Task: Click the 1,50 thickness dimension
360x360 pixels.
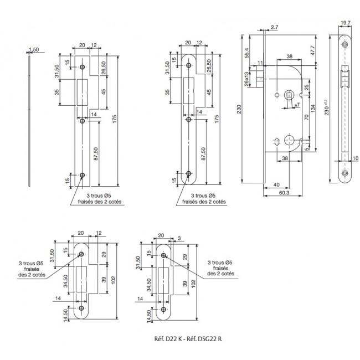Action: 34,49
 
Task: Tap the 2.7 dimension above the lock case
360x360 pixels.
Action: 274,27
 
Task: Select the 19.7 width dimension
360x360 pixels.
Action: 345,23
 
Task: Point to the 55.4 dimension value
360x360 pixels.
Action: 247,53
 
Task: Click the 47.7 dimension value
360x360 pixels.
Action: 313,50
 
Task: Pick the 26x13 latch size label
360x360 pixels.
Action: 247,79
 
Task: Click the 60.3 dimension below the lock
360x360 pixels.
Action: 284,193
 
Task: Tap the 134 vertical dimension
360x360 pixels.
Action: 313,109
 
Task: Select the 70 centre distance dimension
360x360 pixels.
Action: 306,117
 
